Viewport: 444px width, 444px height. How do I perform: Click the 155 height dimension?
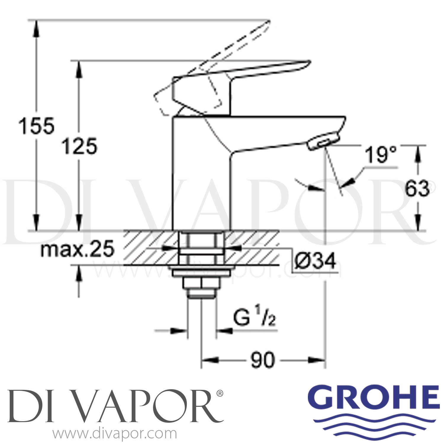pos(36,126)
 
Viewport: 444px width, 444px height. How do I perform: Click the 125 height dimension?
pos(79,146)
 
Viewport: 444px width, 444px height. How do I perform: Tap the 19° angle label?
pos(380,155)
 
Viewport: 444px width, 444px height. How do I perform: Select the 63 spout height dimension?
pos(417,189)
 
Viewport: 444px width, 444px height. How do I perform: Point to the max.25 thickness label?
pos(77,250)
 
